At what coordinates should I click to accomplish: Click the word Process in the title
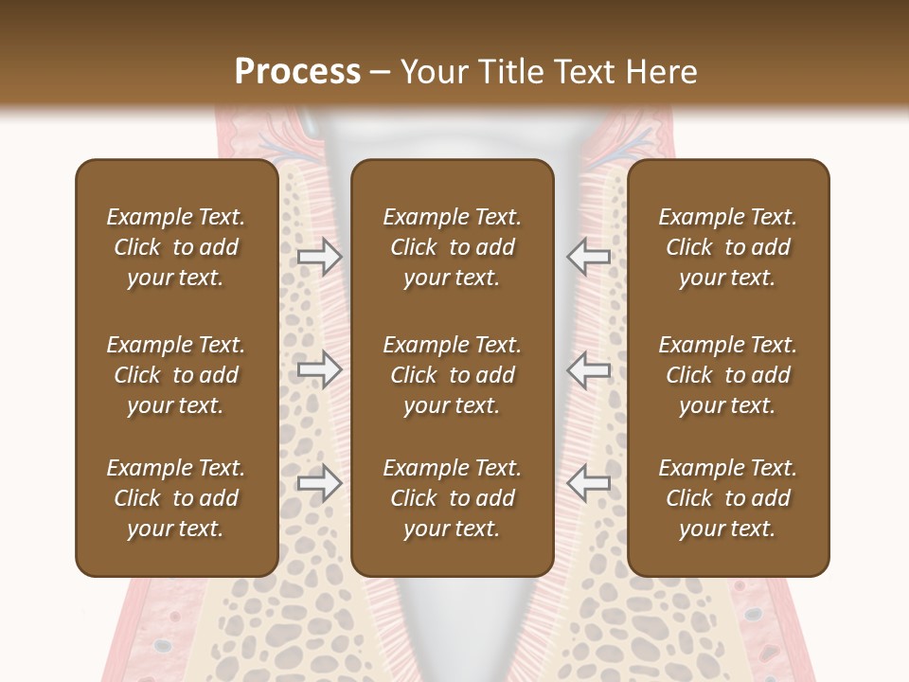point(297,71)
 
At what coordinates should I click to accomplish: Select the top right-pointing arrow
point(319,256)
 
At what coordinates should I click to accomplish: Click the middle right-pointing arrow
point(319,369)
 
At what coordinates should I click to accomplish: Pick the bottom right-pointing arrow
point(319,483)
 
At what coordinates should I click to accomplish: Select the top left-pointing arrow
point(589,256)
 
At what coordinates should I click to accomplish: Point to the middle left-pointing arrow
point(589,369)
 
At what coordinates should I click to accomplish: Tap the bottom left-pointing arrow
point(589,483)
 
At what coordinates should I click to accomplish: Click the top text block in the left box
point(176,247)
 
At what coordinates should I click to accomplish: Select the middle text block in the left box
point(176,375)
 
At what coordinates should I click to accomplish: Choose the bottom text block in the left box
point(176,498)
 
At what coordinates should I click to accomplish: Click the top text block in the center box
point(453,247)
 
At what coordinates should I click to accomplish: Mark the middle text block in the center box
point(453,375)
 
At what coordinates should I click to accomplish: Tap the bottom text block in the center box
point(453,498)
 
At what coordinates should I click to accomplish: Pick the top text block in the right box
point(728,247)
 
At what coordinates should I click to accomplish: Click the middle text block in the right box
point(728,375)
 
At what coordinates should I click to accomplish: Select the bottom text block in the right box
point(728,498)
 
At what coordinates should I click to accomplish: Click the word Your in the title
point(432,71)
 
